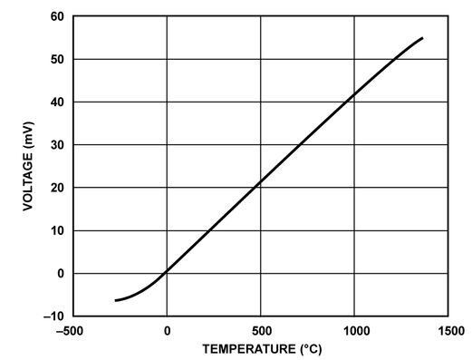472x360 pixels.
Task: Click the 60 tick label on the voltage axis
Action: [57, 17]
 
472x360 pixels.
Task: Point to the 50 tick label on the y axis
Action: [57, 60]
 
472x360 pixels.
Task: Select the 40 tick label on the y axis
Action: [57, 102]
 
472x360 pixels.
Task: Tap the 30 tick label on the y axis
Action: [57, 145]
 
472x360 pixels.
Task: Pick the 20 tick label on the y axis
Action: [57, 188]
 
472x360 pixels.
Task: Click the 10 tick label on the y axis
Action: [57, 230]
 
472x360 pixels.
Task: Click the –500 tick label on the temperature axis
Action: [72, 330]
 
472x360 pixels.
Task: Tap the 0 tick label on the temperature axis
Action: [167, 330]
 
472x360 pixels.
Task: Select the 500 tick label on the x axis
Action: [261, 330]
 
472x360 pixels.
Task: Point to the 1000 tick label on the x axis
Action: [355, 330]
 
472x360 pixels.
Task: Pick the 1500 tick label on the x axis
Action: [448, 330]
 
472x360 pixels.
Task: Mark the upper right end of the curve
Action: [422, 38]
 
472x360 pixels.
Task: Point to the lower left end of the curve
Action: [116, 300]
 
